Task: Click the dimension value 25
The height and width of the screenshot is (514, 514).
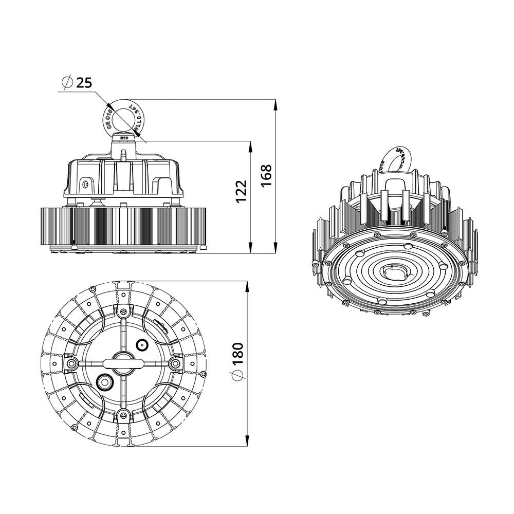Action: point(84,82)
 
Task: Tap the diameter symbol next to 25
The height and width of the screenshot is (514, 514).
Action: point(66,82)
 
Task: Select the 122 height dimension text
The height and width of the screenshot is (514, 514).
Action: point(242,191)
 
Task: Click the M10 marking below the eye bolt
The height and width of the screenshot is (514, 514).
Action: point(123,138)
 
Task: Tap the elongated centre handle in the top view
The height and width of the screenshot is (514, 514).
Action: point(123,363)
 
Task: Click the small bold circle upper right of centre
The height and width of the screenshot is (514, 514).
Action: point(141,345)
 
